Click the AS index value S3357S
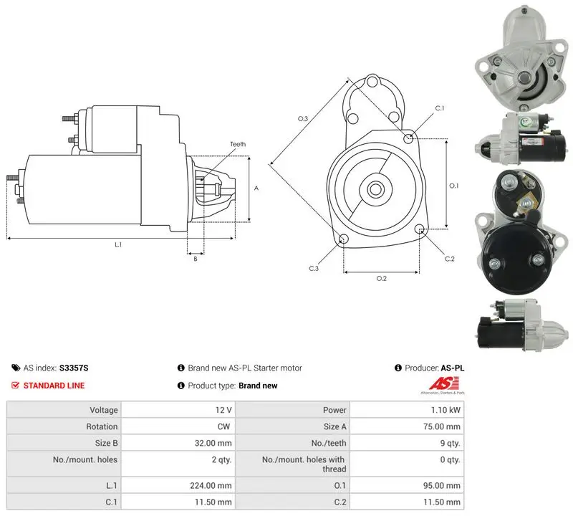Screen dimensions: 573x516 [x=74, y=368]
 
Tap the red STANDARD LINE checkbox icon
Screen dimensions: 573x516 [x=15, y=385]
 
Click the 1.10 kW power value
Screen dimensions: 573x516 [x=446, y=410]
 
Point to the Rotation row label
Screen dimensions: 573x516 [x=102, y=426]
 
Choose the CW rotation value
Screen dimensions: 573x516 [x=223, y=426]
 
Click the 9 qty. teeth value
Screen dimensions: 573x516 [x=450, y=443]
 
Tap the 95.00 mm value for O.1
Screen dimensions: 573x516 [x=442, y=486]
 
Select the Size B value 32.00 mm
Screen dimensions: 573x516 [x=213, y=443]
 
